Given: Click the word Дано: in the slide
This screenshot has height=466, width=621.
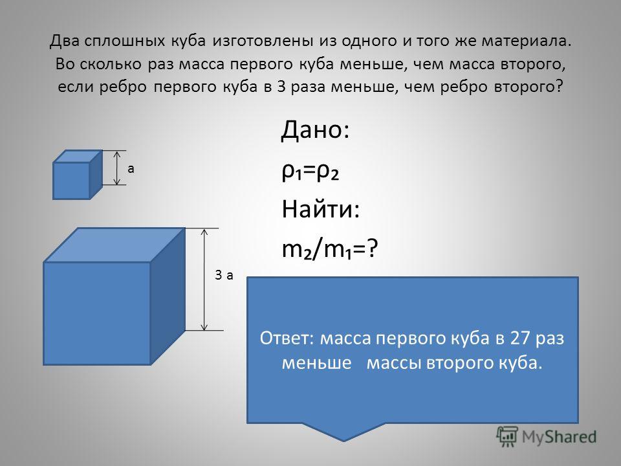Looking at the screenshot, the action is pyautogui.click(x=315, y=130).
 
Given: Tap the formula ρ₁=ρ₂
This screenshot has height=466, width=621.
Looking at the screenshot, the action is pyautogui.click(x=310, y=172).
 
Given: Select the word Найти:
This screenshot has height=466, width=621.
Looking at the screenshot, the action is pyautogui.click(x=320, y=209).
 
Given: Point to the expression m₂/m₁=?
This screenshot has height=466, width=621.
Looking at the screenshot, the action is pyautogui.click(x=330, y=250).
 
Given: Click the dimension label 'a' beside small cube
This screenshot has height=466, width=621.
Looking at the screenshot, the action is pyautogui.click(x=131, y=169).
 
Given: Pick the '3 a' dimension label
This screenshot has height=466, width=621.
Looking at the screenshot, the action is pyautogui.click(x=224, y=275).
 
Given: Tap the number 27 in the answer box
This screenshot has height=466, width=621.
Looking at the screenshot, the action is pyautogui.click(x=520, y=338).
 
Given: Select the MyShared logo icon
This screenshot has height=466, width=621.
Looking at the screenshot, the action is pyautogui.click(x=507, y=436).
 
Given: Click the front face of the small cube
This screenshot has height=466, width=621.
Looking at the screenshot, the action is pyautogui.click(x=71, y=181).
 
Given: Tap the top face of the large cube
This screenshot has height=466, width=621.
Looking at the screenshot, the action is pyautogui.click(x=114, y=245).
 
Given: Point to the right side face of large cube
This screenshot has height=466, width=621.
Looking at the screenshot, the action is pyautogui.click(x=168, y=296).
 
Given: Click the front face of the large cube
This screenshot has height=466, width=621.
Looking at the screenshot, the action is pyautogui.click(x=97, y=313).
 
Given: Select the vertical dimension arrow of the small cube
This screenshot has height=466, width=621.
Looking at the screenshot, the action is pyautogui.click(x=117, y=168).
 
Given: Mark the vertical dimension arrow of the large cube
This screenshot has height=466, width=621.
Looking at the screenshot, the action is pyautogui.click(x=204, y=280).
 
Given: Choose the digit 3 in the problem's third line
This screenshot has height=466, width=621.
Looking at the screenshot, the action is pyautogui.click(x=281, y=86).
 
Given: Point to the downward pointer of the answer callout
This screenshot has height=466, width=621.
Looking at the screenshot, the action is pyautogui.click(x=343, y=432).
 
